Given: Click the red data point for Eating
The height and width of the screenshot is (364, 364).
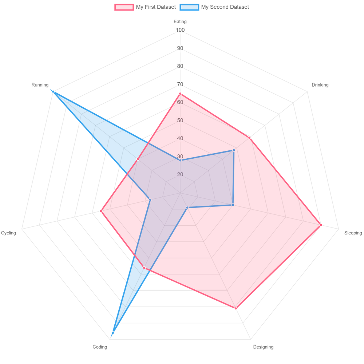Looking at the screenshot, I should (x=180, y=94).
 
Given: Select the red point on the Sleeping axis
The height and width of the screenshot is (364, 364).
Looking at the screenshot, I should (x=321, y=225).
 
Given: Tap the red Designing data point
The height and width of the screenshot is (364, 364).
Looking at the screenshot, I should (x=236, y=308).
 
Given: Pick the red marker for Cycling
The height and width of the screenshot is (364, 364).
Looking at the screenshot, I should (x=101, y=211).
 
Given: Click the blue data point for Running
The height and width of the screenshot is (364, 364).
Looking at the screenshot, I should (x=53, y=91).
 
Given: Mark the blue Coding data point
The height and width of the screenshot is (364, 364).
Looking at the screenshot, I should (x=113, y=333).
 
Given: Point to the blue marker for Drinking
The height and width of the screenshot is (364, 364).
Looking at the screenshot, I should (x=234, y=150).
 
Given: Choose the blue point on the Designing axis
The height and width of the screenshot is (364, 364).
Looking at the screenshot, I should (x=187, y=208).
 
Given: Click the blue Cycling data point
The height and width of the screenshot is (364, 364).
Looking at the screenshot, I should (x=150, y=199).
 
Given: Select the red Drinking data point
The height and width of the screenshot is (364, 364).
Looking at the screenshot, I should (x=249, y=138).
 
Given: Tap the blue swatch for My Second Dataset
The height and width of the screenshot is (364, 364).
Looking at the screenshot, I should (x=189, y=7).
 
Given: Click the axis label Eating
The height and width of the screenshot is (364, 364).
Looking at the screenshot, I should (x=180, y=21).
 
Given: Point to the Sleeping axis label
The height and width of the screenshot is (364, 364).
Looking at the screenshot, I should (x=353, y=233).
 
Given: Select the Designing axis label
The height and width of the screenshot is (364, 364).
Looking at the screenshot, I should (x=263, y=347).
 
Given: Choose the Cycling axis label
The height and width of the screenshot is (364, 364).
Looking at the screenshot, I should (x=9, y=233).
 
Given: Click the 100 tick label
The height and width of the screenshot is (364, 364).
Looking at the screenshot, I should (x=180, y=30).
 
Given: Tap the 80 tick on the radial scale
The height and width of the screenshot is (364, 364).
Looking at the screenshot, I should (x=180, y=66).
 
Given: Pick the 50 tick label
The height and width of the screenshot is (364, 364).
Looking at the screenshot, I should (x=180, y=120).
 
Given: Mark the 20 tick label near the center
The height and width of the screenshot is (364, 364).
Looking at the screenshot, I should (x=180, y=175).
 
